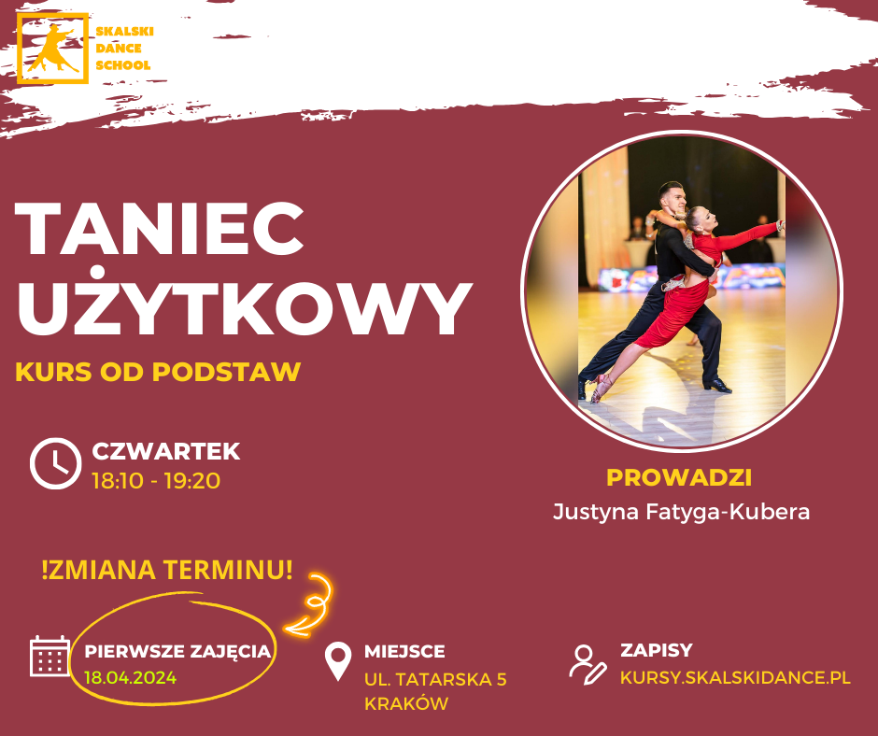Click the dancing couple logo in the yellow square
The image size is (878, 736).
(x=52, y=49)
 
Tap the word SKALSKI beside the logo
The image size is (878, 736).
(x=124, y=32)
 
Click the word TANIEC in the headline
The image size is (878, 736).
(x=160, y=228)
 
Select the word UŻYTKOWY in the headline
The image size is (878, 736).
(x=244, y=303)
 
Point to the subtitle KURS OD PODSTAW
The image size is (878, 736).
(x=158, y=372)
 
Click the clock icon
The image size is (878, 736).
(x=55, y=464)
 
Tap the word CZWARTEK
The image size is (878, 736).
(x=166, y=451)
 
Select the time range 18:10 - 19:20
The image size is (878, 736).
(x=156, y=481)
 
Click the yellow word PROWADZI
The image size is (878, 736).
(x=679, y=478)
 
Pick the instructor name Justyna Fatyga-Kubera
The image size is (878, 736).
(x=681, y=512)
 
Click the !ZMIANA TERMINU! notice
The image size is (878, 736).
(x=167, y=570)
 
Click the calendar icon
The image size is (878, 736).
(x=50, y=656)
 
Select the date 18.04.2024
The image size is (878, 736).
(x=131, y=678)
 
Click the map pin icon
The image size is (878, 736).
(x=338, y=661)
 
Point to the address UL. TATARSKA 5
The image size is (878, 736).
(x=435, y=679)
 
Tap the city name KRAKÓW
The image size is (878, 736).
(x=406, y=703)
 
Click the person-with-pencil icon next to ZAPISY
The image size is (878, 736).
(x=588, y=664)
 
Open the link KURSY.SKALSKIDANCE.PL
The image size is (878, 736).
(x=735, y=677)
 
